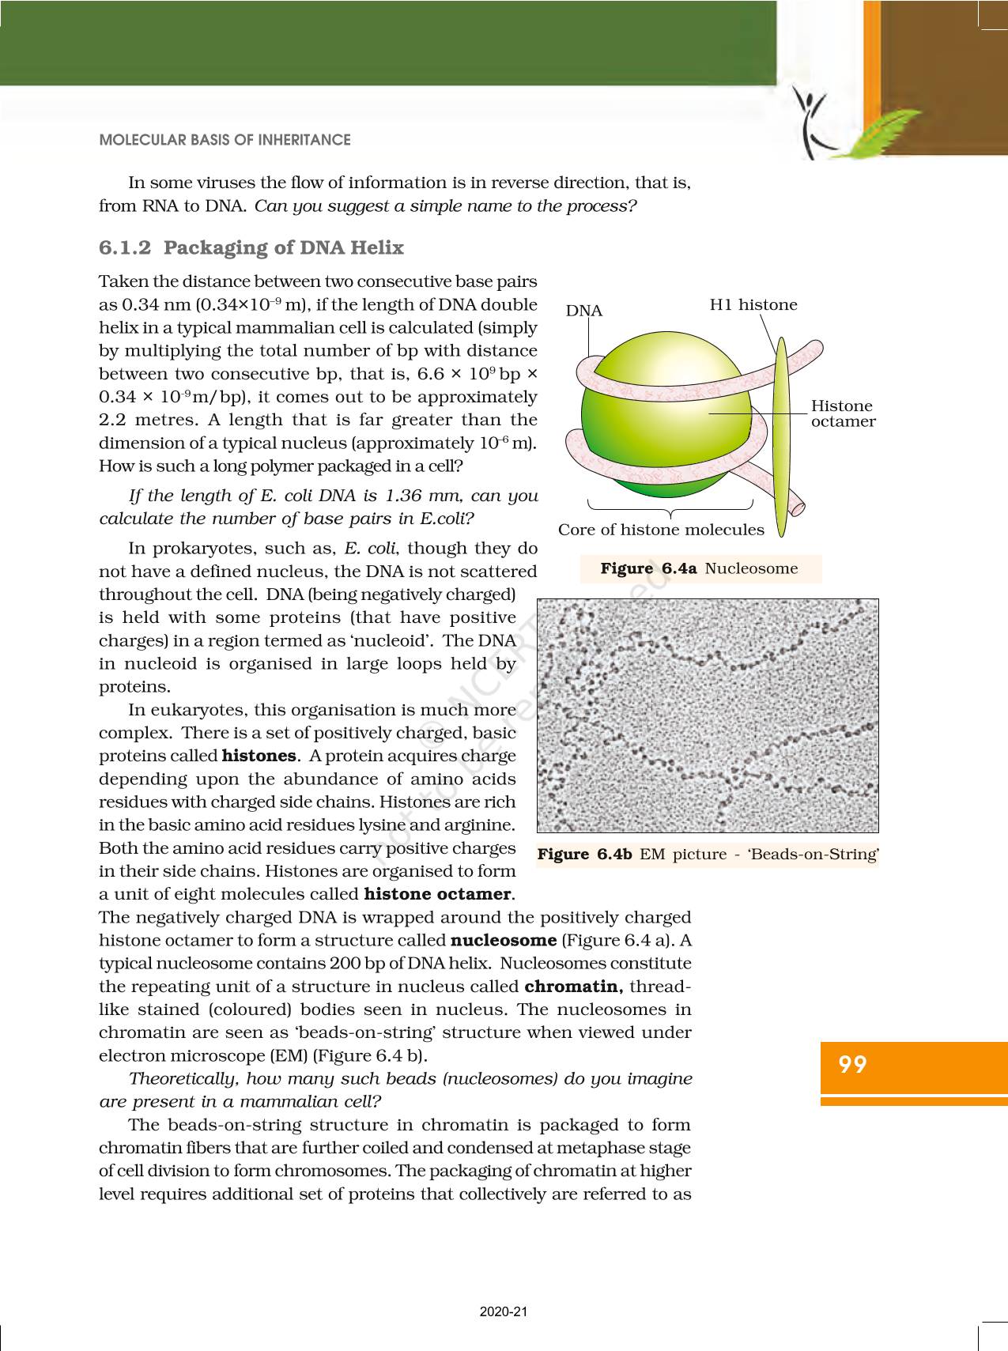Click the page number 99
853,1065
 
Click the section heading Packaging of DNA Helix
283,248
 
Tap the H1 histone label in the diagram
753,305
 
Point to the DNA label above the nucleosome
584,311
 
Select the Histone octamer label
843,413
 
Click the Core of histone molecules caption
661,530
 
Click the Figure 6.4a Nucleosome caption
700,568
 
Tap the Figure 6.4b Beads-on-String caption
708,855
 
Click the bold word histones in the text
259,757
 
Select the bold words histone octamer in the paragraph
437,895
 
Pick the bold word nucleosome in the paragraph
504,941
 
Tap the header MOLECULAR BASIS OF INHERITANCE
225,140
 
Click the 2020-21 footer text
504,1311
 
